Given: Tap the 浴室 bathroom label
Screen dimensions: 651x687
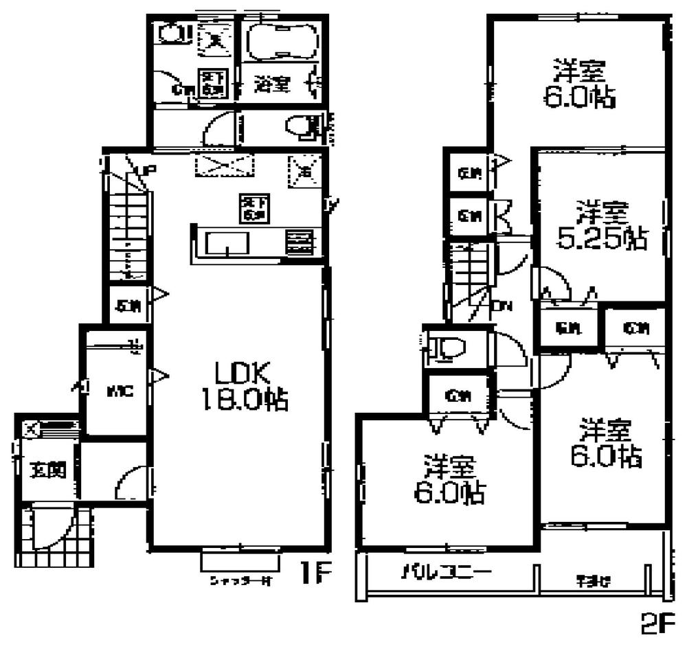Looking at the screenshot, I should point(271,85).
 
